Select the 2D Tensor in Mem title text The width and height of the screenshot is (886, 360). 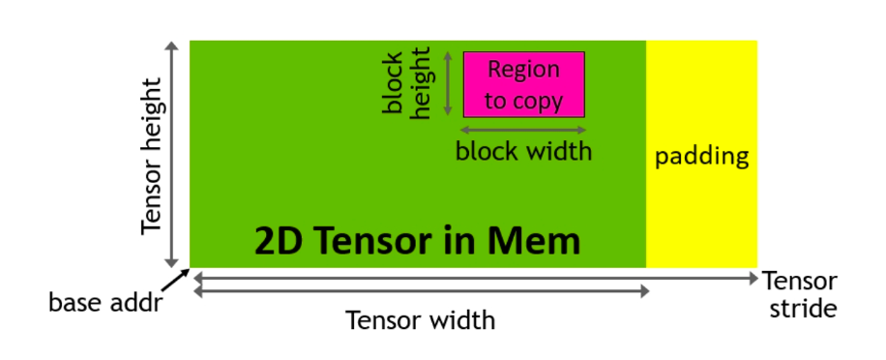click(417, 241)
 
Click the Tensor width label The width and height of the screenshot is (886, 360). click(421, 319)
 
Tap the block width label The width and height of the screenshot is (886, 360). click(523, 152)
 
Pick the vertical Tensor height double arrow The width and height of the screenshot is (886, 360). click(173, 155)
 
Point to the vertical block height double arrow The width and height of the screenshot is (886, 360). click(449, 84)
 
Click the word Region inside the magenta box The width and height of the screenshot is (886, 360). click(523, 71)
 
